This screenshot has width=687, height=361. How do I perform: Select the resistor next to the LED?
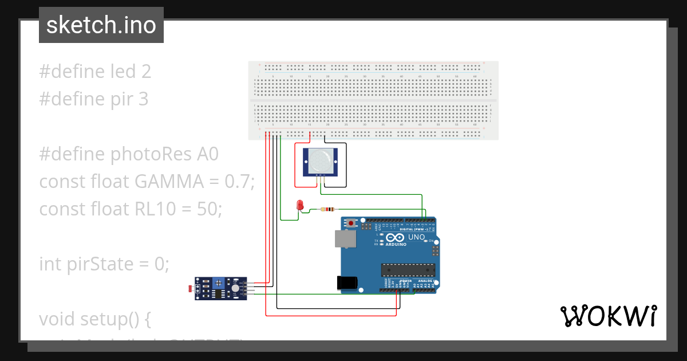coord(328,209)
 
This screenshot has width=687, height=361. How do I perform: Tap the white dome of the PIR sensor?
coord(321,160)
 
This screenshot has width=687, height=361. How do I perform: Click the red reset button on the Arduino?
coord(351,222)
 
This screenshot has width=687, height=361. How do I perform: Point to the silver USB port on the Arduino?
coord(345,241)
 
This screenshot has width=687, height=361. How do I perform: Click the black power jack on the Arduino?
coord(347,282)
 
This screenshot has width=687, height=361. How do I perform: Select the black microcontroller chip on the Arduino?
coord(408,269)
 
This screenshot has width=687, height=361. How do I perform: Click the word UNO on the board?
coord(416,237)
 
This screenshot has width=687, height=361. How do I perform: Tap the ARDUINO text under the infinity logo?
coord(397,245)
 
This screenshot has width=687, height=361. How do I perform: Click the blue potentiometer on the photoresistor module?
coord(218,282)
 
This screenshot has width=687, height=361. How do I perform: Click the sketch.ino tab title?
coord(101,25)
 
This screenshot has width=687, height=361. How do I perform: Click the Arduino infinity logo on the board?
coord(397,237)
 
